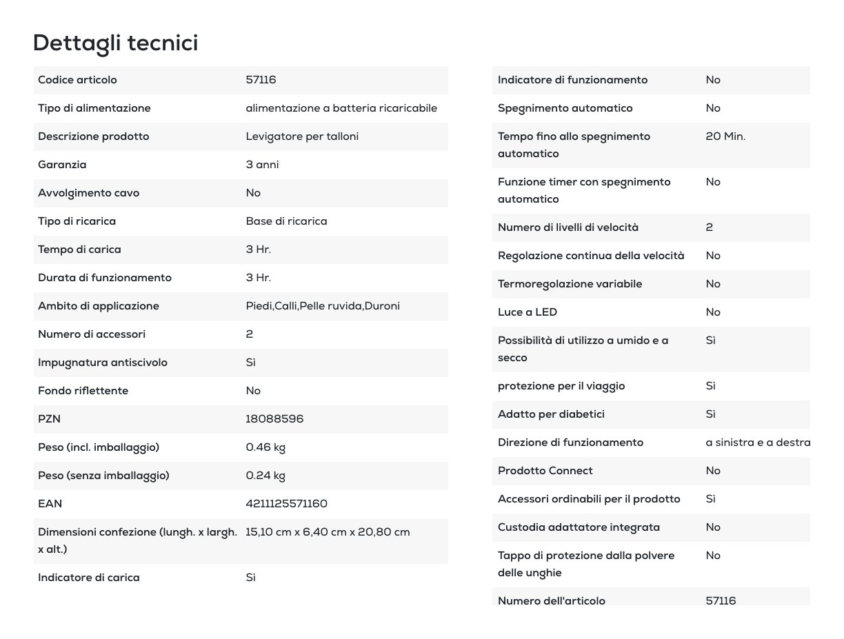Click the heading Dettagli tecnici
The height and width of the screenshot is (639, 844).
tap(115, 43)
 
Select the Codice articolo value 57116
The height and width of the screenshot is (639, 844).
tap(261, 80)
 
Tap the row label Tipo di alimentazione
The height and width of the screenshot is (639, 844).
tap(94, 108)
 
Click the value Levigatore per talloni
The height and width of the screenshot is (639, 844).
tap(302, 136)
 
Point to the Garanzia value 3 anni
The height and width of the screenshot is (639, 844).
tap(262, 165)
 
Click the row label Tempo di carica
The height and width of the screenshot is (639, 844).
tap(79, 250)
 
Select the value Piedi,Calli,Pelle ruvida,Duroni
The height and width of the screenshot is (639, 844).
tap(323, 306)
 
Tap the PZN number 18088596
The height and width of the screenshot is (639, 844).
tap(274, 419)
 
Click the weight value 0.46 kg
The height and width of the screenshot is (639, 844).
tap(265, 447)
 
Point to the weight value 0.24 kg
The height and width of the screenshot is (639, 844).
tap(265, 476)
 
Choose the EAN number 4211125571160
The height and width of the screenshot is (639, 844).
tap(286, 504)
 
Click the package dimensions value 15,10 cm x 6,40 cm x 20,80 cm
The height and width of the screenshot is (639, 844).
tap(328, 532)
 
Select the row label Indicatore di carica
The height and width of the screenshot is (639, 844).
tap(88, 578)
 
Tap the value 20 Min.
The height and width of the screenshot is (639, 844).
tap(725, 136)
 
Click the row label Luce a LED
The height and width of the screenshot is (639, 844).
tap(527, 312)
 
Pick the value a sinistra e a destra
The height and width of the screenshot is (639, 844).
tap(757, 443)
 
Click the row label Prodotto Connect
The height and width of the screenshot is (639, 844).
tap(545, 471)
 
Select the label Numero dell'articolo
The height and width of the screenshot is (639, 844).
tap(551, 600)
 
